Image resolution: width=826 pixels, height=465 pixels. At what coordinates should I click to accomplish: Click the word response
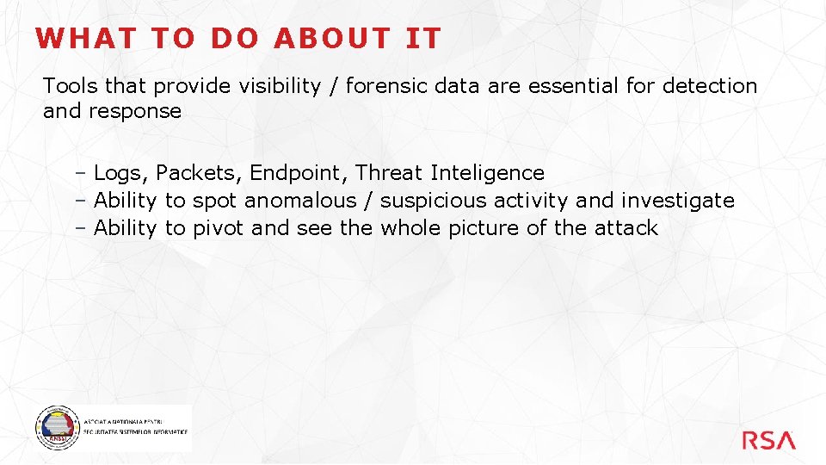pos(135,112)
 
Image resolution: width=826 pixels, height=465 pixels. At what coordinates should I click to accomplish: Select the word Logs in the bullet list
pos(121,174)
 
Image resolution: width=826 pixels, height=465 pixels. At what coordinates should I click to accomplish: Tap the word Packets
pos(200,174)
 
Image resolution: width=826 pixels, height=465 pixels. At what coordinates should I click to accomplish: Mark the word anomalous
pos(300,201)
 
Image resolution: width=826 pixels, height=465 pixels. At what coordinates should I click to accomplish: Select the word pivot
pos(219,229)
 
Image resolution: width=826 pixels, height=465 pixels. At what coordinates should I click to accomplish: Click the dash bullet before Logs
pos(78,174)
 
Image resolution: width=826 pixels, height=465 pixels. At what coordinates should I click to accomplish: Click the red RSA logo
pos(768,440)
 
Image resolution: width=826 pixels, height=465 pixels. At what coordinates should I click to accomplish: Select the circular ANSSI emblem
pos(56,427)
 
